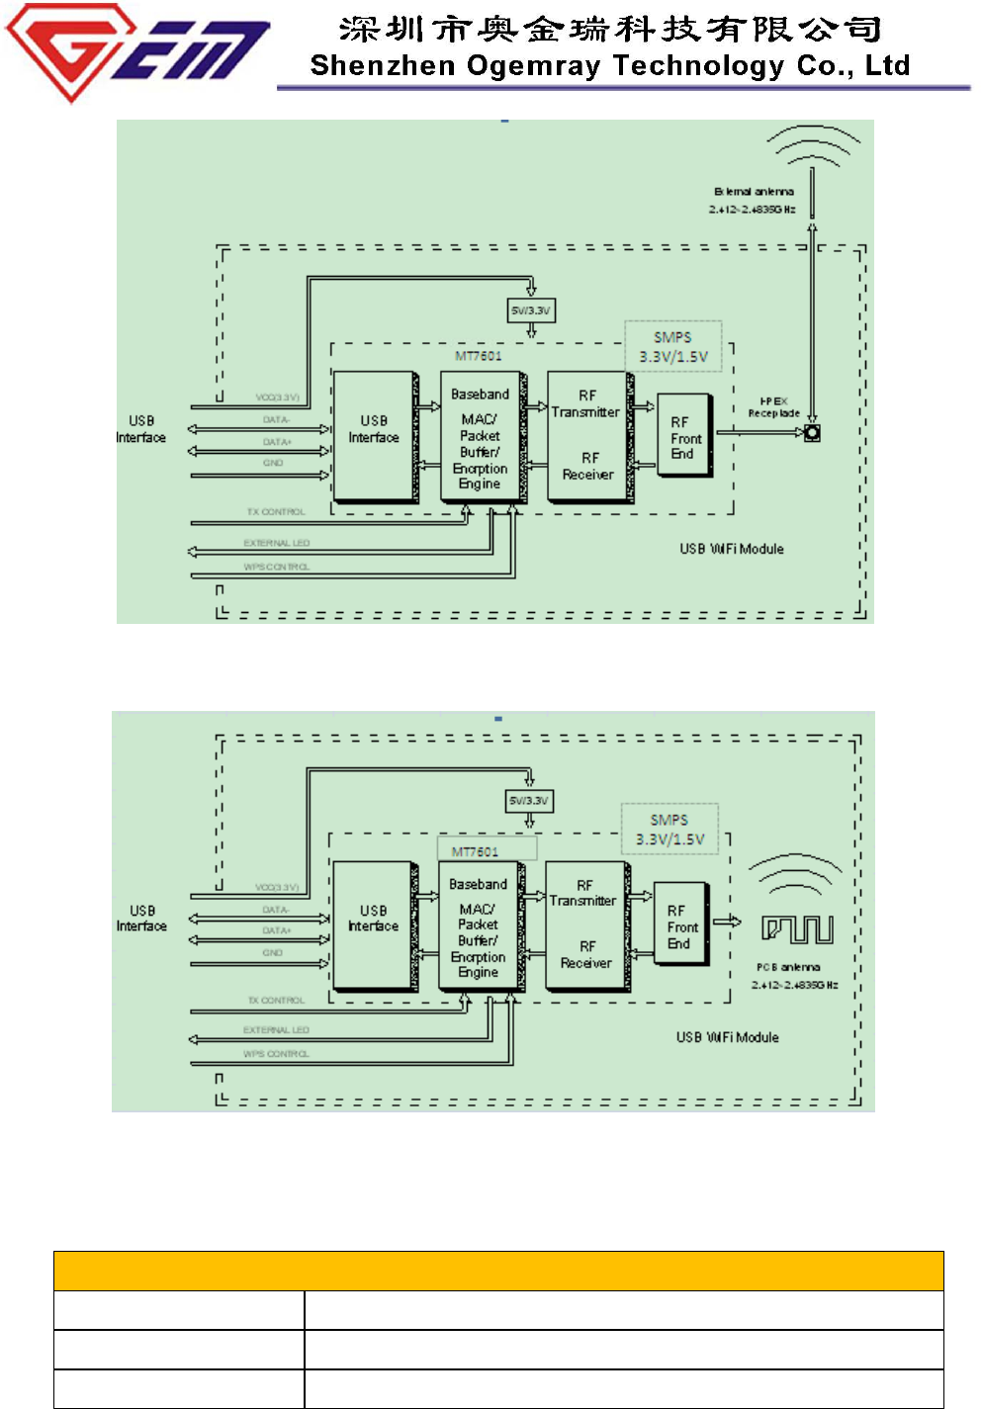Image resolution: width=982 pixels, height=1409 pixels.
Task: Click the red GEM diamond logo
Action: click(x=69, y=49)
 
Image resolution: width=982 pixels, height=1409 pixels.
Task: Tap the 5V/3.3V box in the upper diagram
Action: click(x=531, y=310)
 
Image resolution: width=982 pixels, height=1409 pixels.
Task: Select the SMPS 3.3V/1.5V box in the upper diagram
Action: click(x=672, y=347)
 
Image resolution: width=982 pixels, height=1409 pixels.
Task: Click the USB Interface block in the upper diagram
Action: click(x=374, y=435)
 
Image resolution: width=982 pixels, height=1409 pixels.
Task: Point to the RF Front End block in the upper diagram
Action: click(x=684, y=437)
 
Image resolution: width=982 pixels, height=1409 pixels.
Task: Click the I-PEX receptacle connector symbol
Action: click(x=812, y=432)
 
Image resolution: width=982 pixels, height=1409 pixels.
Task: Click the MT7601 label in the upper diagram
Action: click(x=479, y=356)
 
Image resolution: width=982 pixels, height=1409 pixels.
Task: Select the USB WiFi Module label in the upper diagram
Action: click(x=732, y=549)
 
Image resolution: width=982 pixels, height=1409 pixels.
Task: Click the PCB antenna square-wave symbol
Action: click(x=797, y=928)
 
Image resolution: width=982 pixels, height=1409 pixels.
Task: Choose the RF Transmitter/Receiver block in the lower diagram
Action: click(x=585, y=925)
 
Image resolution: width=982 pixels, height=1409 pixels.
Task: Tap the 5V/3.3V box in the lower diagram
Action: click(x=529, y=800)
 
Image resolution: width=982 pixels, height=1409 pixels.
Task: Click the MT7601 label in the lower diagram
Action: click(x=476, y=851)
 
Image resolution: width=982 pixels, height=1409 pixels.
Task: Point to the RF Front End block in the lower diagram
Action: click(x=681, y=926)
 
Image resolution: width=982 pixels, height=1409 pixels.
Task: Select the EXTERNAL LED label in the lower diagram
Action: click(x=276, y=1030)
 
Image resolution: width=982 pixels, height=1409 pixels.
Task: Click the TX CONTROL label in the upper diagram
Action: click(x=276, y=512)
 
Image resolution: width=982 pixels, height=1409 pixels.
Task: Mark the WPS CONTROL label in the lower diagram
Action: click(x=276, y=1054)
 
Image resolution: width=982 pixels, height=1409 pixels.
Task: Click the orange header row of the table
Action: click(x=498, y=1271)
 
